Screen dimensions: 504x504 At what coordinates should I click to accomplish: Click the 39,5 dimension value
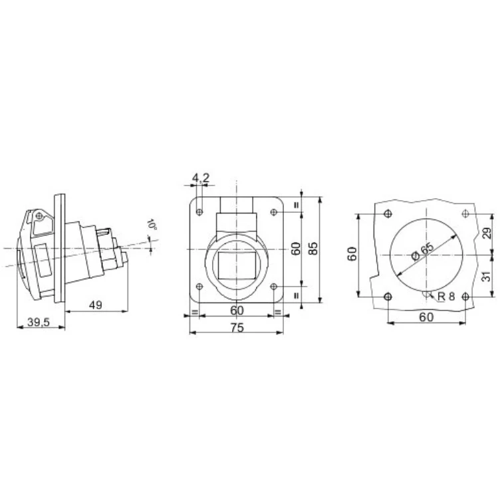click(39, 322)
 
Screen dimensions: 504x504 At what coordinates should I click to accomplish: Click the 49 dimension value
click(96, 305)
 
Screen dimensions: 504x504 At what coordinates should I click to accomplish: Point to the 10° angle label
click(152, 224)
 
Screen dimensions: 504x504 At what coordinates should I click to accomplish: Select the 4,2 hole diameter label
click(201, 178)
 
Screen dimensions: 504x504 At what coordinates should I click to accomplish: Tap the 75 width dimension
click(237, 328)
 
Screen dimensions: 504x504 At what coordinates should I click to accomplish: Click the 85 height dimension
click(313, 248)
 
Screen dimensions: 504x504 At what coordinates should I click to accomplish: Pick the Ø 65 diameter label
click(423, 251)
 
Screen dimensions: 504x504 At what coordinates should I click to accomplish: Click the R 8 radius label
click(446, 297)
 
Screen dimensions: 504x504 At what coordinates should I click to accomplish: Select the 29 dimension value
click(487, 233)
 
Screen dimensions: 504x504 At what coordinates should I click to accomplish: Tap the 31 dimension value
click(487, 276)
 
